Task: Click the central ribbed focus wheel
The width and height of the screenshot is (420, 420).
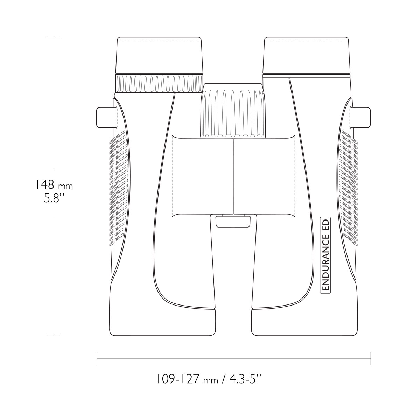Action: [x=233, y=111]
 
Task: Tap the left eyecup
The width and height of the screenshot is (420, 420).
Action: [x=159, y=56]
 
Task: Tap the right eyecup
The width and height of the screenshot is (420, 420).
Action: [x=306, y=56]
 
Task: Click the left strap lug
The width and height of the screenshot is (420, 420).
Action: [x=107, y=117]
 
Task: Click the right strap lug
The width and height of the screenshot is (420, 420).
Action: [x=360, y=117]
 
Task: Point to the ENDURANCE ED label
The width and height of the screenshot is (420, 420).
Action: [x=325, y=255]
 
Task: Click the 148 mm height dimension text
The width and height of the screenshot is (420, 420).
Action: [x=54, y=185]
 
